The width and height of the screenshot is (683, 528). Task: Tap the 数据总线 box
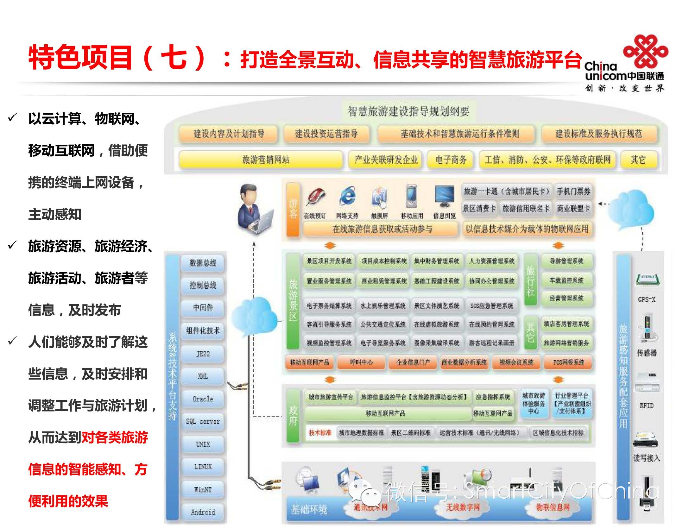tap(203, 262)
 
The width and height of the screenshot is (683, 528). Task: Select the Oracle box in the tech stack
tap(203, 399)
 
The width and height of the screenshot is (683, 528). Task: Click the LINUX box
tap(203, 467)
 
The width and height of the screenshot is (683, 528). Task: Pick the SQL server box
tap(203, 421)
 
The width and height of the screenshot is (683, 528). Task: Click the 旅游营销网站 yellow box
tap(261, 159)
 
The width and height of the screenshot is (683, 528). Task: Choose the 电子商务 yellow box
tap(451, 159)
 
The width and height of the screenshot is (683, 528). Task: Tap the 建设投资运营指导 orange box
tap(326, 134)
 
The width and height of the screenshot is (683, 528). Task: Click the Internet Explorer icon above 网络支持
tap(347, 197)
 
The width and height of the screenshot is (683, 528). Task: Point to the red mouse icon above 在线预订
tap(315, 197)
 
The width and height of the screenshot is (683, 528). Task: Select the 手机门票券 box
tap(573, 191)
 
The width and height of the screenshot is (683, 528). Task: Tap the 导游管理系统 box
tap(566, 261)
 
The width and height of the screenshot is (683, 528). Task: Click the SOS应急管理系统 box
tap(492, 306)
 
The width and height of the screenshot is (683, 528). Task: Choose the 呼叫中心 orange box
tap(361, 362)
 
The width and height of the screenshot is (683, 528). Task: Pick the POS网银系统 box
tap(568, 362)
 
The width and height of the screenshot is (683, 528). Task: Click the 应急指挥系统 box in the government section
tap(493, 397)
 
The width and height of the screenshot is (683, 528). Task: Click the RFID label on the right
tap(646, 405)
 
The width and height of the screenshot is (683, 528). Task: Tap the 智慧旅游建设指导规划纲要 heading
tap(408, 111)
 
